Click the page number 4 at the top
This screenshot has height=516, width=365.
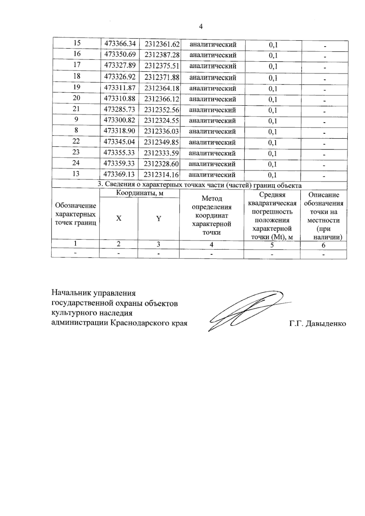[200, 27]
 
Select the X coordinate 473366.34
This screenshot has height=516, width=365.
[120, 44]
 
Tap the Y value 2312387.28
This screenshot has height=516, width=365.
[162, 55]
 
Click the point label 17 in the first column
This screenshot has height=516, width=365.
[77, 64]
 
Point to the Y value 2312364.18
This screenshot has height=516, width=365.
[162, 88]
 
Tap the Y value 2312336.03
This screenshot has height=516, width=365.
[162, 131]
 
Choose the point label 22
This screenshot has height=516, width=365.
[76, 141]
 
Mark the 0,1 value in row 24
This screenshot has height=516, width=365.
[272, 164]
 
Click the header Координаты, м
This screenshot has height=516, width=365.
[140, 193]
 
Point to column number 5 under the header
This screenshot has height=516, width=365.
[272, 245]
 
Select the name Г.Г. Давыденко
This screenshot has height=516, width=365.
[318, 324]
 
